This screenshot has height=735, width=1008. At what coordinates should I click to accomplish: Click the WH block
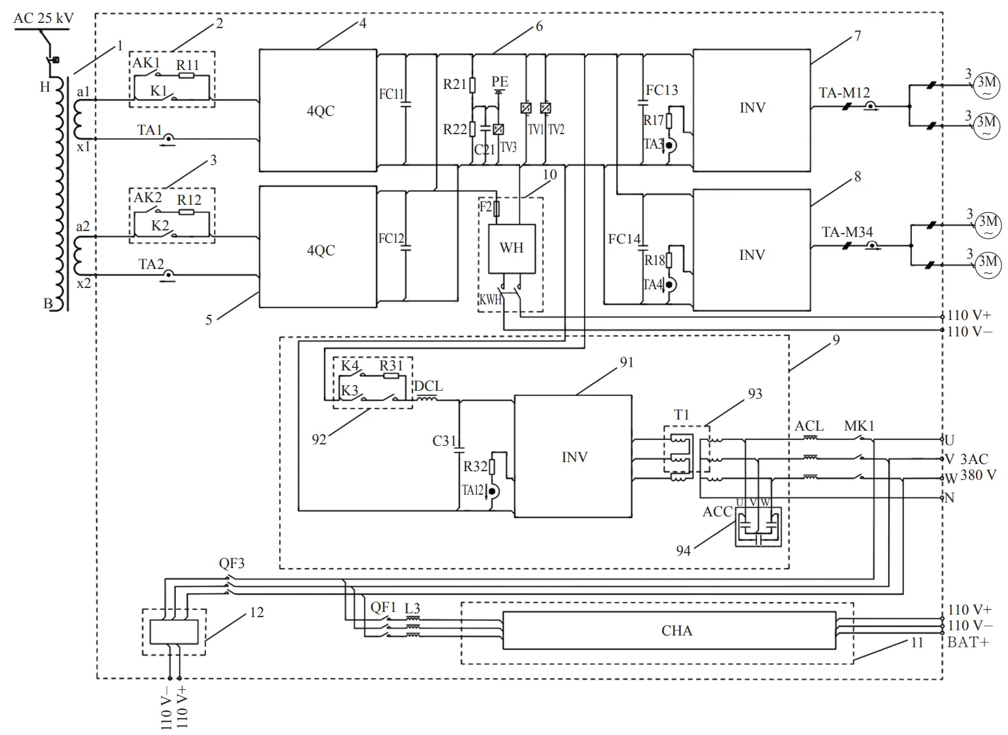(x=512, y=248)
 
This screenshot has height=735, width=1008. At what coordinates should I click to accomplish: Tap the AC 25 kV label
(x=44, y=18)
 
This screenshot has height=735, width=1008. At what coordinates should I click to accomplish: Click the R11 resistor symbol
(x=186, y=76)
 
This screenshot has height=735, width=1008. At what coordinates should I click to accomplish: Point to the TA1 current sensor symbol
(x=169, y=139)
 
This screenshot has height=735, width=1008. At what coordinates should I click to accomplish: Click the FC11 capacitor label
(x=391, y=94)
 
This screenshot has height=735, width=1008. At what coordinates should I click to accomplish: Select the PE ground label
(x=500, y=82)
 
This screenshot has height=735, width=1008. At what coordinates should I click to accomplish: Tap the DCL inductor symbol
(x=427, y=399)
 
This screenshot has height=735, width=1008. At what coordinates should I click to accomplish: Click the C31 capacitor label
(x=443, y=440)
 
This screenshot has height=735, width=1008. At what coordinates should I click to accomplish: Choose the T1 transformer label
(x=682, y=414)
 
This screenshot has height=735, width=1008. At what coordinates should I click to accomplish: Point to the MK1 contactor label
(x=859, y=426)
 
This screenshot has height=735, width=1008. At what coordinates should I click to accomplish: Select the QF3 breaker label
(x=232, y=564)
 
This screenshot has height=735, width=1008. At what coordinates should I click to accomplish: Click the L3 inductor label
(x=412, y=609)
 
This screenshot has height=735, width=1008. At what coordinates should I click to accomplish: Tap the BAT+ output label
(x=968, y=642)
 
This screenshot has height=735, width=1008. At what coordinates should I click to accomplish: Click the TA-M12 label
(x=844, y=93)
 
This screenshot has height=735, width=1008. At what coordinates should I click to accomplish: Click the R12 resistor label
(x=189, y=200)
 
